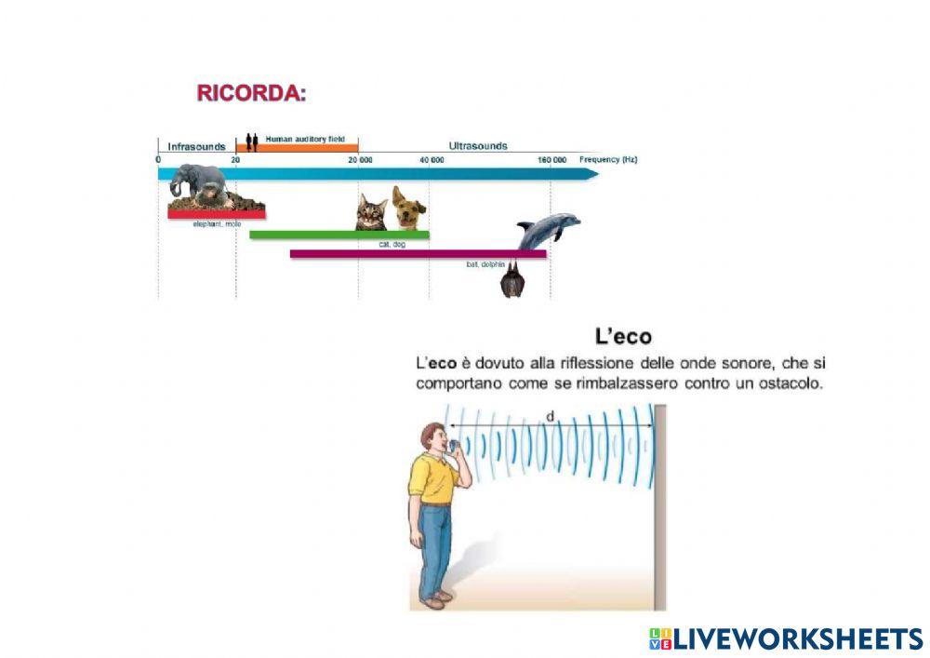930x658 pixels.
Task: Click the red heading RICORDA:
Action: [x=251, y=93]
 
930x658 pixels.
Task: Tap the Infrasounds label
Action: [x=196, y=146]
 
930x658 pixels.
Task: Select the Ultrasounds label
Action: [x=478, y=146]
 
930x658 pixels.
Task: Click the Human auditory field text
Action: [x=305, y=140]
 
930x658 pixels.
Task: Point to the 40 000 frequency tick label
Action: [x=431, y=160]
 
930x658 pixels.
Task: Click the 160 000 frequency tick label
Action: [x=551, y=160]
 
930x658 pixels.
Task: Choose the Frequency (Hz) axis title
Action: [x=608, y=160]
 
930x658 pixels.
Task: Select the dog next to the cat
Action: [x=407, y=208]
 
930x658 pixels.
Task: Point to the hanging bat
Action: [x=510, y=280]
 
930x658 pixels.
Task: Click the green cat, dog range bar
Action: [x=339, y=235]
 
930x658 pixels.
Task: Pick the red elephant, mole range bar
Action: [x=216, y=215]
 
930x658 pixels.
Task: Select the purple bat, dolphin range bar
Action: [x=418, y=253]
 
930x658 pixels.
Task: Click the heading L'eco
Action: [x=623, y=336]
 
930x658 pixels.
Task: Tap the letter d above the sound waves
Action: [x=550, y=417]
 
